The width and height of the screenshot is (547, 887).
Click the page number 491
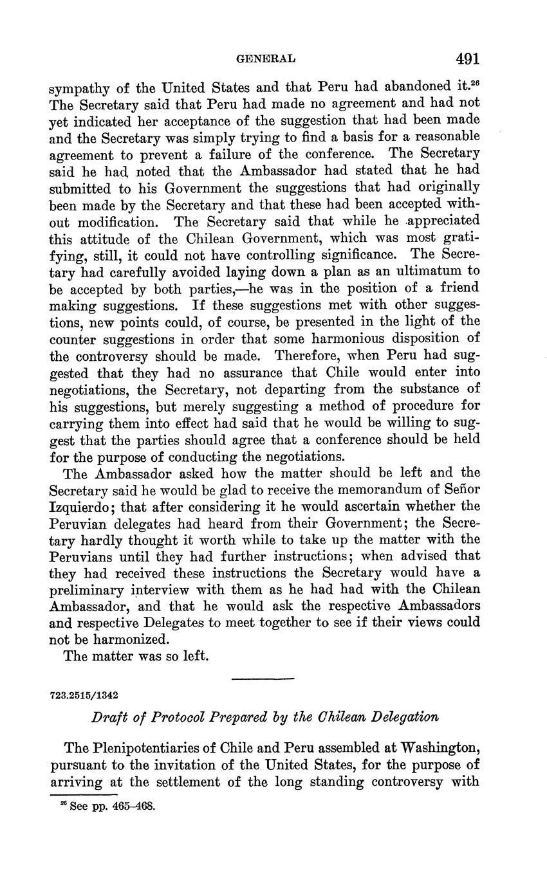coord(468,59)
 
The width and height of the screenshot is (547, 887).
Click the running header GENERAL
coord(266,59)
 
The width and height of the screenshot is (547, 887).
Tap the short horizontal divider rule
coord(262,679)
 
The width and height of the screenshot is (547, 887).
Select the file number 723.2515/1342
coord(84,695)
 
